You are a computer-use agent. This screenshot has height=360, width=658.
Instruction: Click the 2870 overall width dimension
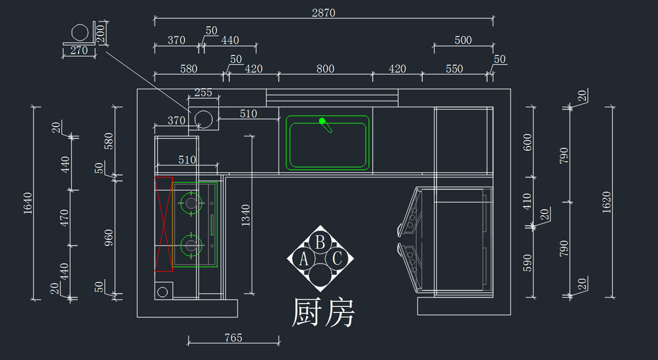tap(324, 13)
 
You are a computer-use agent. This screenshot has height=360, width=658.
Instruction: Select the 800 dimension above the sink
tap(325, 69)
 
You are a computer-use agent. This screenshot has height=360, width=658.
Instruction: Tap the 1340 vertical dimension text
tap(246, 215)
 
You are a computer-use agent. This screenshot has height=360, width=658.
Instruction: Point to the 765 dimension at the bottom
tap(233, 338)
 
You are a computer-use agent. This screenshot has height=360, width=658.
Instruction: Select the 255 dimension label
tap(203, 93)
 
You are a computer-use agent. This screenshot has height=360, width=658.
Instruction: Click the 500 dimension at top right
tap(463, 40)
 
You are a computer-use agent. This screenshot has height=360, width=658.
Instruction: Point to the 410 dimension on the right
tap(527, 202)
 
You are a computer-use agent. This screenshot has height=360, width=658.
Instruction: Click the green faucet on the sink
tap(326, 125)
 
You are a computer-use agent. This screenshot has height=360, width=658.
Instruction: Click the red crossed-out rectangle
tap(163, 224)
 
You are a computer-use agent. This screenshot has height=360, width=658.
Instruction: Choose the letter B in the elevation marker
tap(321, 242)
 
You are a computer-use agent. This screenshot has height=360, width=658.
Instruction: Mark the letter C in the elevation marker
tap(337, 258)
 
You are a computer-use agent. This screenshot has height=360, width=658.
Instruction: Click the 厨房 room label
tap(323, 313)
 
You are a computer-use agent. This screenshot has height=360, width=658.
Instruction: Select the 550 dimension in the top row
tap(454, 69)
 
